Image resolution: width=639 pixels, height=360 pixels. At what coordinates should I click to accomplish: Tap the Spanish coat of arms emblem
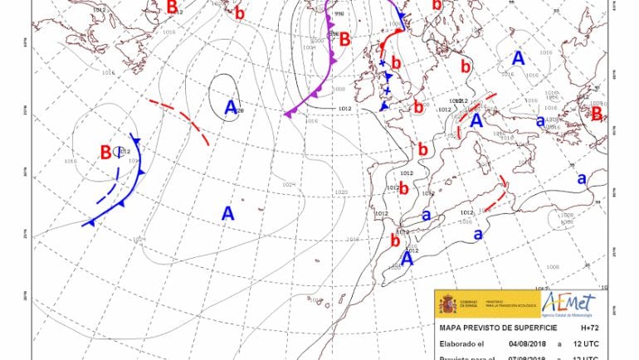pos(449,304)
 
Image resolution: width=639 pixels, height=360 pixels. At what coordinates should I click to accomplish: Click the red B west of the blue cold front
pos(106,153)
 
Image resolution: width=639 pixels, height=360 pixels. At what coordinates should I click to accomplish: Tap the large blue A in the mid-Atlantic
pos(228,213)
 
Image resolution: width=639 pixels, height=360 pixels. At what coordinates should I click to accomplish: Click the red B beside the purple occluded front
pos(344,38)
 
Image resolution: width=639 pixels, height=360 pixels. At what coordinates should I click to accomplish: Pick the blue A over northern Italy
pos(476,120)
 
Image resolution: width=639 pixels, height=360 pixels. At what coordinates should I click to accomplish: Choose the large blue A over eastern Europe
pos(519,59)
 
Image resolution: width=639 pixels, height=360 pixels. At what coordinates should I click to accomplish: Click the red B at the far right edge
pos(596,114)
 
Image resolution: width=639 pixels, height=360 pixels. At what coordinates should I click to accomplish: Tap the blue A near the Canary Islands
pos(407,258)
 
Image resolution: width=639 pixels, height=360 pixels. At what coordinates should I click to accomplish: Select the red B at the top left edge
pos(172,7)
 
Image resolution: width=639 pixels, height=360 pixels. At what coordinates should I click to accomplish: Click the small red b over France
pos(422,150)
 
